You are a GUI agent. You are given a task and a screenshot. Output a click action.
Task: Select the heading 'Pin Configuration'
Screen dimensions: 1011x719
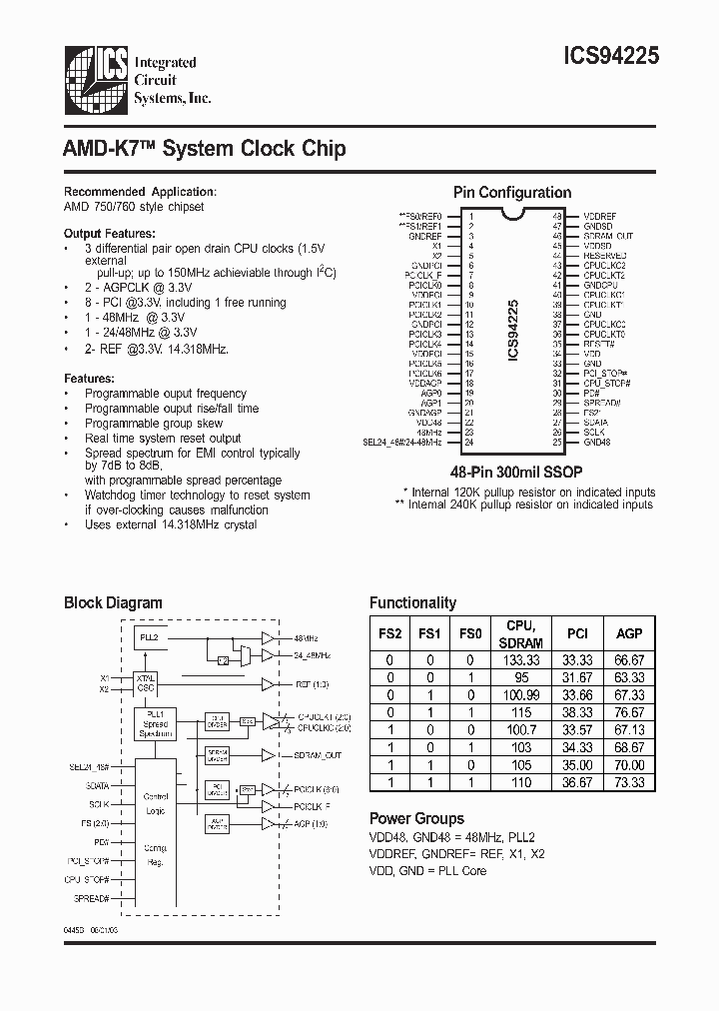click(512, 193)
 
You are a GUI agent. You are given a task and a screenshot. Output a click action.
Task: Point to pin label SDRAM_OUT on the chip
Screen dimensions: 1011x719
click(608, 236)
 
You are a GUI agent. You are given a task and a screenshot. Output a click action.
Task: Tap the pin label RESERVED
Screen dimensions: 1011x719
click(605, 256)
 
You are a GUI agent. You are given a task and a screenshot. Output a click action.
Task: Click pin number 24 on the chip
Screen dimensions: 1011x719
click(470, 442)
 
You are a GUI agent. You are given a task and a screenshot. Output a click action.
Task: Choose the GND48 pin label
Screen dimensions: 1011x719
click(597, 442)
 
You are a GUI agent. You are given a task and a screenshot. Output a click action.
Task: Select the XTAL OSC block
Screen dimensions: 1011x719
click(146, 684)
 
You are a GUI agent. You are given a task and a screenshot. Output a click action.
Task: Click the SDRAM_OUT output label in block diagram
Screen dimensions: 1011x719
click(317, 755)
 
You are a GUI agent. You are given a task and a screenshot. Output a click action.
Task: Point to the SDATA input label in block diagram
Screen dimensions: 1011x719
click(97, 785)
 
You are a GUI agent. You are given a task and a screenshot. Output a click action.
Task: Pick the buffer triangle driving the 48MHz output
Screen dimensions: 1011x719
click(268, 637)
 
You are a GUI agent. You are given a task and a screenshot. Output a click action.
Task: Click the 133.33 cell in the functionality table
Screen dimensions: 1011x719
click(523, 660)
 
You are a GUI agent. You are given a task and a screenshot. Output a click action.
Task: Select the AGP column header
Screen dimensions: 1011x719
click(629, 633)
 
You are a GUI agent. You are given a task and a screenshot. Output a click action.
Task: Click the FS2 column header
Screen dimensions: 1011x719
click(389, 633)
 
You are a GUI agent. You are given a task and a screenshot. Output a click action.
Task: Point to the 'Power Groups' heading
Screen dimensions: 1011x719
click(416, 817)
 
